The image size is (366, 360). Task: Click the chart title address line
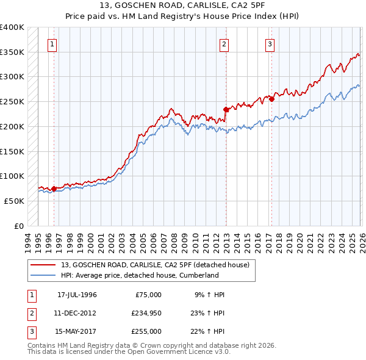[183, 6]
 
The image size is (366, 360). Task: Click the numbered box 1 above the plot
[52, 44]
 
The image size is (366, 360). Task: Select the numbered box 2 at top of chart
[224, 44]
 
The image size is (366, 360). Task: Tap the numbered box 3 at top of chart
[270, 44]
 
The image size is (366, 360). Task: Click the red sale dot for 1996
[54, 189]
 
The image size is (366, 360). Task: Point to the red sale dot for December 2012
[226, 110]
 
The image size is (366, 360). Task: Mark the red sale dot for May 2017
[272, 99]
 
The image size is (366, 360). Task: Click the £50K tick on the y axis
[12, 201]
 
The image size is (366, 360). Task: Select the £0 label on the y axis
[18, 226]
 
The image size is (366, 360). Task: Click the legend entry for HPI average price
[139, 276]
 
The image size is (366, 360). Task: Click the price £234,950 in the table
[145, 312]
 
